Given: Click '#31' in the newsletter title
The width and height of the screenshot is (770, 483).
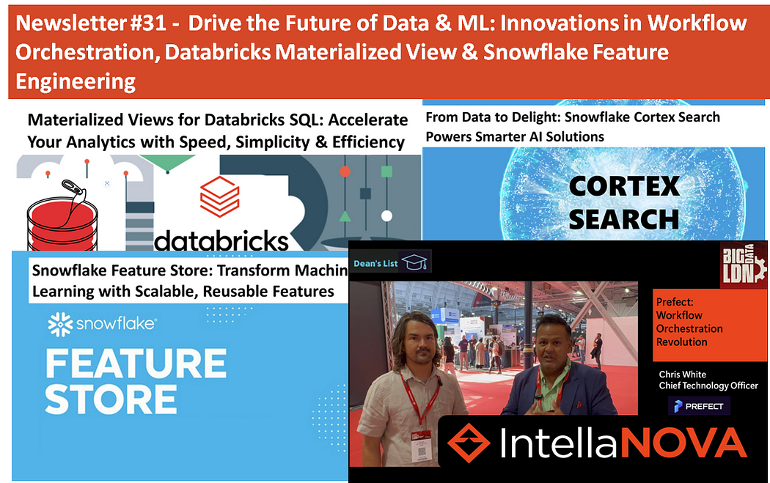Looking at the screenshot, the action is pos(150,23).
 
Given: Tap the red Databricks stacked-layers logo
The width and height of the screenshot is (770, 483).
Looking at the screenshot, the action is pos(219,196).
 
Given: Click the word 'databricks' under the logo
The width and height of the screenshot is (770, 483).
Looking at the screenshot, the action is pos(221,240).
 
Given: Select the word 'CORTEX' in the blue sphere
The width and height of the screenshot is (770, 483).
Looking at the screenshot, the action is pos(624,186).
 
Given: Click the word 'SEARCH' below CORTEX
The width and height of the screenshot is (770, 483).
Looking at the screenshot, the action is pos(623,219).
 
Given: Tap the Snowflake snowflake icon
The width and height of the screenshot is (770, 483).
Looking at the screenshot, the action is pos(60,324).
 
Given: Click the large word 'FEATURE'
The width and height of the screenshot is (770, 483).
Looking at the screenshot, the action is pos(136,364).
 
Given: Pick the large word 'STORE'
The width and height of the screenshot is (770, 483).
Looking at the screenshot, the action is pos(111,399).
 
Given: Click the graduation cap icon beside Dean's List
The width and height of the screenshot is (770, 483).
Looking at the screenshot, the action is pos(416,262).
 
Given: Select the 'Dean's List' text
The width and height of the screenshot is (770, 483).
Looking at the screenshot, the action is pos(375,264).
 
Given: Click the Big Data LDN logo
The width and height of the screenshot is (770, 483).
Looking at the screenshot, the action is pos(744,265).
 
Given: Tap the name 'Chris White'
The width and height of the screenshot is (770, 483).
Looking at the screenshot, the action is pos(683,375).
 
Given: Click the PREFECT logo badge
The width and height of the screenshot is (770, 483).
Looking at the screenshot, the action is pos(699,406).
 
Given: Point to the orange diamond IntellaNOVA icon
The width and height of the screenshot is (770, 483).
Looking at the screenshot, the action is pos(469,443).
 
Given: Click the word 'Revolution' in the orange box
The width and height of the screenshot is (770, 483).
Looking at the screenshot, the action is pos(681,342).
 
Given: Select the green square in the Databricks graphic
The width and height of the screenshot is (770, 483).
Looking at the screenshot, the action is pos(386,172).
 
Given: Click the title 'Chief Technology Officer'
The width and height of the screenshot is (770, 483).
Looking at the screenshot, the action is pos(708,386).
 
